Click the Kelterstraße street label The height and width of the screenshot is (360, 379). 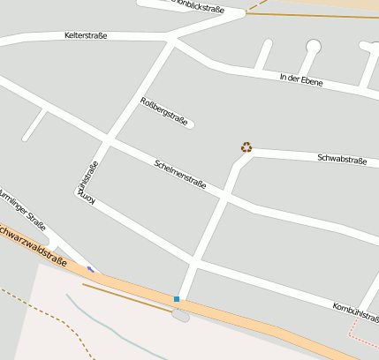tap(86, 36)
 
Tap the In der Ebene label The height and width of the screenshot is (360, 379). tap(300, 80)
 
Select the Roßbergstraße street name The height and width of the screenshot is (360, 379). tap(164, 111)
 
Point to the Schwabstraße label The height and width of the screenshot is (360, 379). tap(342, 159)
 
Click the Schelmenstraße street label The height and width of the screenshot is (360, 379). tap(180, 175)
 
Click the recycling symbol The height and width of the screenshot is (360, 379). tap(246, 147)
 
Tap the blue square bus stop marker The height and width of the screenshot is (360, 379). tap(177, 299)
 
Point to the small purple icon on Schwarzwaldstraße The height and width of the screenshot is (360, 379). tap(90, 268)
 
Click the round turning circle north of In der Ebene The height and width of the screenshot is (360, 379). tap(313, 47)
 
